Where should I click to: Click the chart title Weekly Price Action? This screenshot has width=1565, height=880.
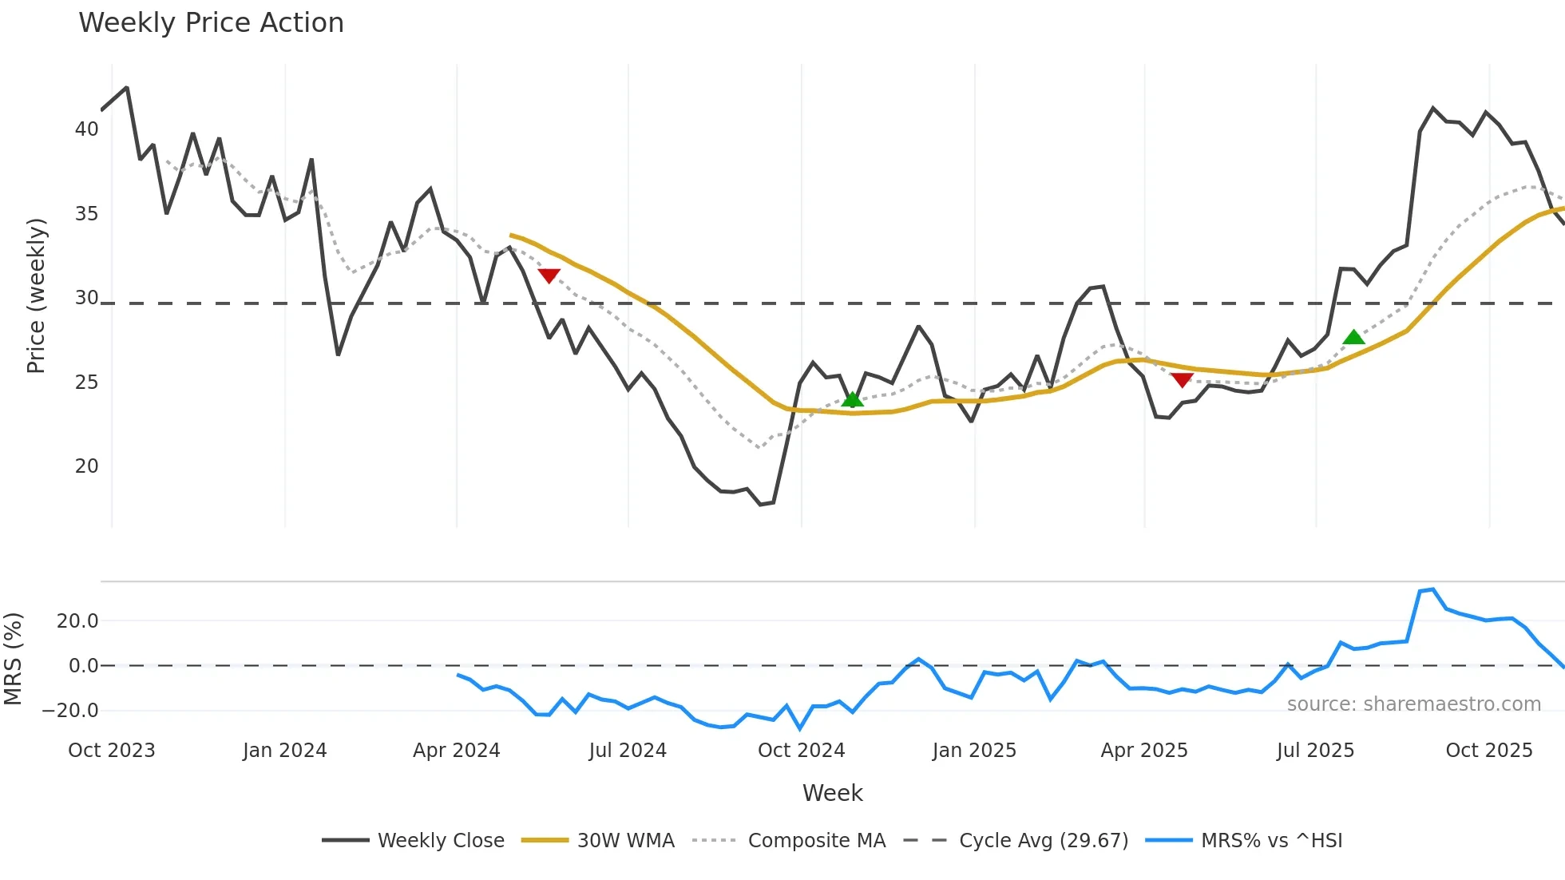(x=211, y=23)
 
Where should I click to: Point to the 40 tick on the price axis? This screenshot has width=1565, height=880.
(x=86, y=129)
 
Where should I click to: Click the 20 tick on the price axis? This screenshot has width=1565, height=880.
(x=86, y=466)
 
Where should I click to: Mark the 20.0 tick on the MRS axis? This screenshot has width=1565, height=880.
(x=77, y=621)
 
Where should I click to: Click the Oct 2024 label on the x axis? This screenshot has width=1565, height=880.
(x=801, y=751)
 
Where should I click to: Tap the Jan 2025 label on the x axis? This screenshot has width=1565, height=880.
(x=974, y=751)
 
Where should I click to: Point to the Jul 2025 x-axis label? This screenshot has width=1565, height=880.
(x=1315, y=751)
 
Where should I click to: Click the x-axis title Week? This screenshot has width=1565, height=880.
(x=832, y=793)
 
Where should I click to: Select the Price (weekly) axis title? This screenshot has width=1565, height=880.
(x=37, y=295)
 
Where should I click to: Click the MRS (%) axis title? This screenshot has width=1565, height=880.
(x=13, y=659)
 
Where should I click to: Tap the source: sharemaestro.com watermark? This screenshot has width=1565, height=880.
(x=1413, y=704)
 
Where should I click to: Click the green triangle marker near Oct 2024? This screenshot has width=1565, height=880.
(x=852, y=399)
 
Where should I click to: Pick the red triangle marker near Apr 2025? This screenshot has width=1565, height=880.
(x=1182, y=380)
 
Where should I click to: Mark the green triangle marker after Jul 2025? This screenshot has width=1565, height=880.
(x=1353, y=337)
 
